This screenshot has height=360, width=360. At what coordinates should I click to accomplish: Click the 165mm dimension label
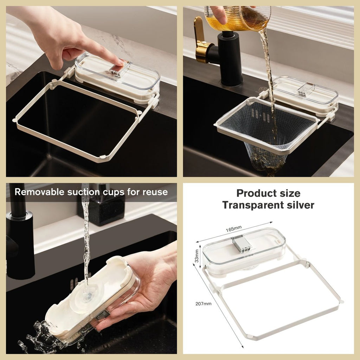[x=232, y=230]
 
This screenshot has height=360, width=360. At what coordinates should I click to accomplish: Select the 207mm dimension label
[x=203, y=304]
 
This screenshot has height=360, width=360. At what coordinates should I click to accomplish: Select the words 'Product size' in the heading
[x=268, y=193]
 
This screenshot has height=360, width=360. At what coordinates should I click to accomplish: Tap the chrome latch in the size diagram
[x=241, y=244]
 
